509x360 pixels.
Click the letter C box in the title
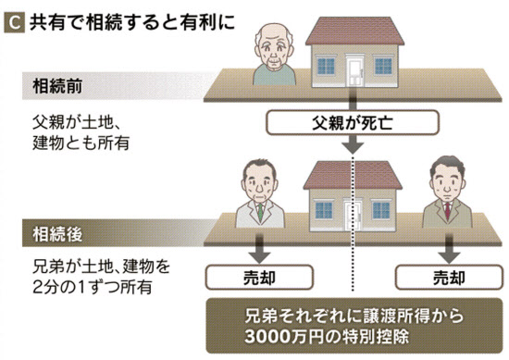tap(14, 23)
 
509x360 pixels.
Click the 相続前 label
tap(57, 86)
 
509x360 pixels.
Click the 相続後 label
tap(57, 234)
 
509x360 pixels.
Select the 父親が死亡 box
tap(353, 123)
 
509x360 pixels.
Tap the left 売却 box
tap(259, 278)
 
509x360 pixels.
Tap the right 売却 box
tap(449, 278)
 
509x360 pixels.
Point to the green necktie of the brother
tap(260, 212)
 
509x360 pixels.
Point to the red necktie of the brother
tap(448, 211)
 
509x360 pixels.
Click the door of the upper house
tap(354, 70)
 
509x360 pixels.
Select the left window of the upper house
tap(326, 66)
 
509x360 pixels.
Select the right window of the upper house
tap(383, 66)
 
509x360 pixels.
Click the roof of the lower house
tap(353, 175)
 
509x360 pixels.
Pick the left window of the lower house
tap(324, 210)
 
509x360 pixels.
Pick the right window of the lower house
tap(381, 210)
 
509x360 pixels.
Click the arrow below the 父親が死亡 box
tap(353, 144)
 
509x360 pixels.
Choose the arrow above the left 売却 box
tap(260, 249)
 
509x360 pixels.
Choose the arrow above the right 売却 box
tap(449, 249)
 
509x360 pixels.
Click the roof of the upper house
tap(354, 31)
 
